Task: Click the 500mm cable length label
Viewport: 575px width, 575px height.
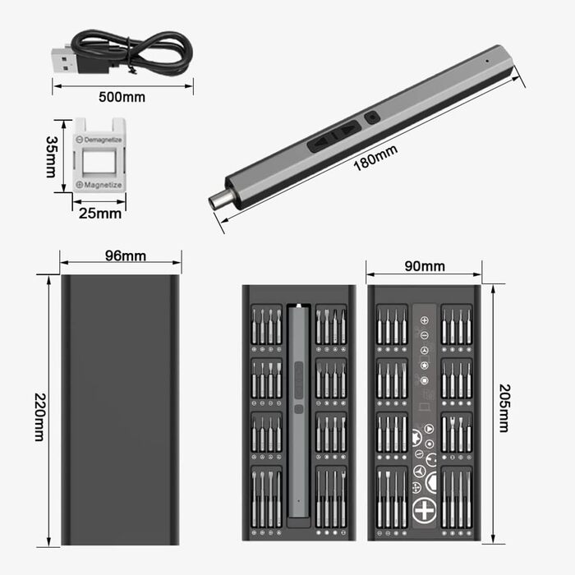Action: pyautogui.click(x=122, y=97)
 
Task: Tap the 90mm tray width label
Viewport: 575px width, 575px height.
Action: pyautogui.click(x=425, y=266)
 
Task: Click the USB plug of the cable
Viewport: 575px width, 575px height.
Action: pyautogui.click(x=63, y=58)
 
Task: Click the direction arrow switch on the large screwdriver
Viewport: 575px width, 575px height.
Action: pyautogui.click(x=335, y=135)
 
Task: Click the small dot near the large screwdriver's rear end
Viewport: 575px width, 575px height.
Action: pyautogui.click(x=487, y=62)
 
